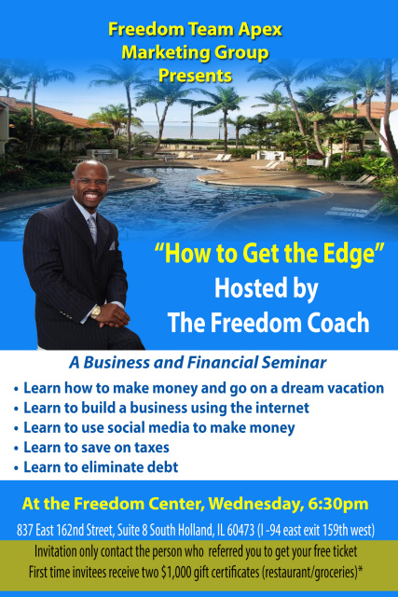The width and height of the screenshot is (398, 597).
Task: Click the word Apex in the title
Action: point(260,30)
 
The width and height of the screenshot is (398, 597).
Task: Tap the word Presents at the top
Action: point(195,76)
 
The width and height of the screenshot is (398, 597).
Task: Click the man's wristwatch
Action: point(95,312)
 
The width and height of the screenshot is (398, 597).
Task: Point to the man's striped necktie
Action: point(92,229)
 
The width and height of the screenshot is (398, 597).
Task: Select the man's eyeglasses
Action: point(91,181)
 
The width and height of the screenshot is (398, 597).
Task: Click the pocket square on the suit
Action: point(112,246)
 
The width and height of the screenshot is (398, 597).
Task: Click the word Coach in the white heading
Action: point(338,323)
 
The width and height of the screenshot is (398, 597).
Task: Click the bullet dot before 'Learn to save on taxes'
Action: point(16,449)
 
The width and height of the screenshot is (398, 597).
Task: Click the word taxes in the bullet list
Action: point(152,448)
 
